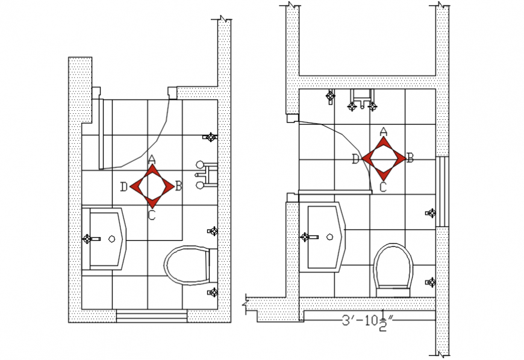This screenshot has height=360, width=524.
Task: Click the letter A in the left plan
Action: (152, 160)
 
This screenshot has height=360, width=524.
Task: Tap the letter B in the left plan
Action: (178, 186)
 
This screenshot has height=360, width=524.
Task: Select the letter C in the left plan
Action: (152, 215)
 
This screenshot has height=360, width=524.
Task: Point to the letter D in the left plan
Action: (123, 187)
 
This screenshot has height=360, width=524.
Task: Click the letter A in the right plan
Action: (383, 132)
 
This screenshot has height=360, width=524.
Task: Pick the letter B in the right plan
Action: (410, 158)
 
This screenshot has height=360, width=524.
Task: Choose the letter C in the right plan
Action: (383, 187)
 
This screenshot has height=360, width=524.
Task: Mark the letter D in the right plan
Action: (355, 159)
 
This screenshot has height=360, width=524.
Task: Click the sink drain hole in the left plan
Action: (111, 239)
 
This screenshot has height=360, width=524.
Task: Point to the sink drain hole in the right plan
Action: (329, 237)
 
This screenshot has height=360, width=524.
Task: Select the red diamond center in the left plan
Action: (152, 187)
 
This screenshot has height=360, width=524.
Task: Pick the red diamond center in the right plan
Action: (383, 159)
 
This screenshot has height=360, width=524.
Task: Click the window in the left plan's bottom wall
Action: (152, 315)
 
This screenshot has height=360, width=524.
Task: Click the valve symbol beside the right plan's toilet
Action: (431, 282)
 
